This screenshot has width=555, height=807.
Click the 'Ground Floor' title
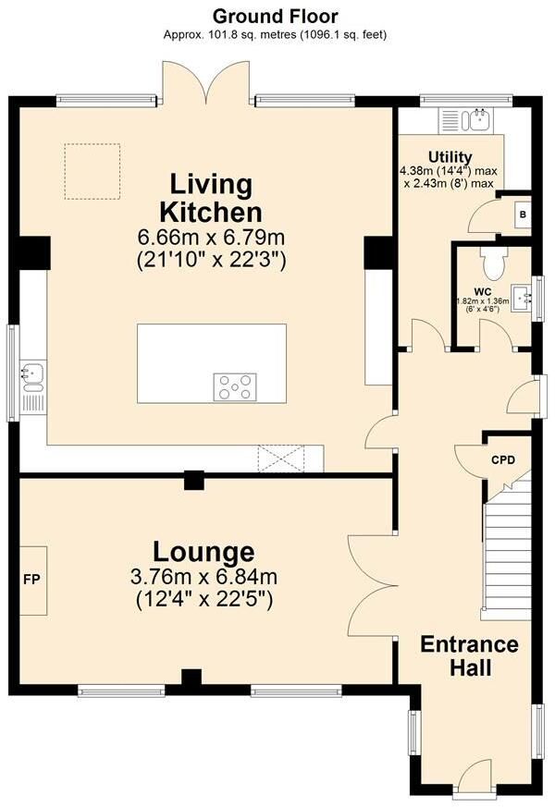coord(275,17)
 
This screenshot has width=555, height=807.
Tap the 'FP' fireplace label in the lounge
coord(31,579)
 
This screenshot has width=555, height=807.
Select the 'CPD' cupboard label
coord(503,459)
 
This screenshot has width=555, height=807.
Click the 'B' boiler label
coord(523,214)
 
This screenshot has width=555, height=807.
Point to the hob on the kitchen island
coord(235,387)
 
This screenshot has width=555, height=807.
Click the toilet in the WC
coord(494,263)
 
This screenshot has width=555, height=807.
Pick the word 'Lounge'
coord(203,552)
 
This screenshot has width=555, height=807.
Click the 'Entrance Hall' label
coord(470,655)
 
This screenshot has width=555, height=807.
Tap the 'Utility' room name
coord(450,157)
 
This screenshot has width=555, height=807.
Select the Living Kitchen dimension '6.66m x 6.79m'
coord(211,238)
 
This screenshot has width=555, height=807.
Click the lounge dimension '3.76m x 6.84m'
coord(203,577)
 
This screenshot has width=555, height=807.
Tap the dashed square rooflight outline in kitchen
coord(92,171)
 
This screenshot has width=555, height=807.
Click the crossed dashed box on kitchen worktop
coord(281,459)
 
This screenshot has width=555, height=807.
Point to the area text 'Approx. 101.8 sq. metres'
coord(230,35)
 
